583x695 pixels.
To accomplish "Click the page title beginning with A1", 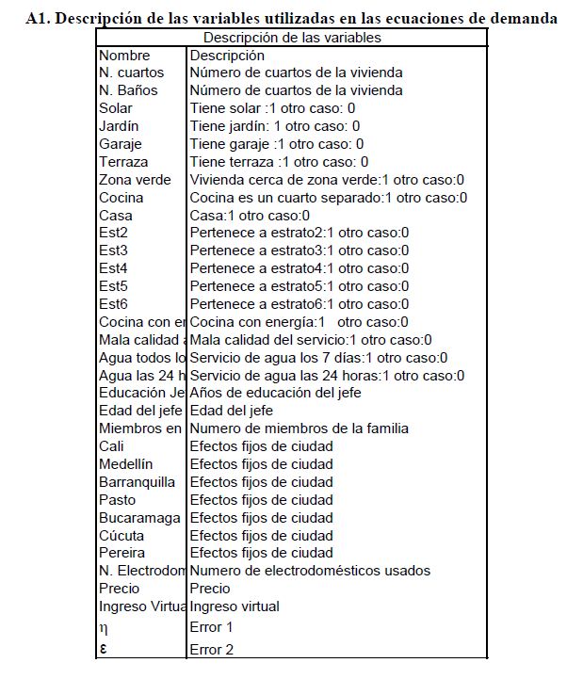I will pyautogui.click(x=292, y=18).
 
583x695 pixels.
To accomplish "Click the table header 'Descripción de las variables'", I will pyautogui.click(x=292, y=38).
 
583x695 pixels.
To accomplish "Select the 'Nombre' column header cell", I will pyautogui.click(x=124, y=56).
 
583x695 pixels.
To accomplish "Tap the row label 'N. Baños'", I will pyautogui.click(x=128, y=90).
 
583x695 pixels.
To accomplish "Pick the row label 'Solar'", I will pyautogui.click(x=116, y=108).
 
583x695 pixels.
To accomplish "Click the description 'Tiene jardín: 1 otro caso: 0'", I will pyautogui.click(x=275, y=126).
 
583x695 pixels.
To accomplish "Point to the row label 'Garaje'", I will pyautogui.click(x=120, y=144).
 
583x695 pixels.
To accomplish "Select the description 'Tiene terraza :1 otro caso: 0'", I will pyautogui.click(x=279, y=162).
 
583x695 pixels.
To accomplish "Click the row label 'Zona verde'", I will pyautogui.click(x=135, y=180).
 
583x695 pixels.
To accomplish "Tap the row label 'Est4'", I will pyautogui.click(x=113, y=268).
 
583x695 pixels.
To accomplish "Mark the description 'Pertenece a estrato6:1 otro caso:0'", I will pyautogui.click(x=300, y=304).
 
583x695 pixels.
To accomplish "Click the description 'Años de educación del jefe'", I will pyautogui.click(x=275, y=393).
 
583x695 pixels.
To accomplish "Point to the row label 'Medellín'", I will pyautogui.click(x=125, y=464).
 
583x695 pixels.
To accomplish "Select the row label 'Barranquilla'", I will pyautogui.click(x=137, y=482).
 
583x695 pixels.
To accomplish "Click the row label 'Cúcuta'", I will pyautogui.click(x=121, y=535).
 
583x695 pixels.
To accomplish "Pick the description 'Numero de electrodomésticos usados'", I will pyautogui.click(x=310, y=571).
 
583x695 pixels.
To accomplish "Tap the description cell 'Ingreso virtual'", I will pyautogui.click(x=235, y=606).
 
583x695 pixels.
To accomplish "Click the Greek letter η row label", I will pyautogui.click(x=104, y=628).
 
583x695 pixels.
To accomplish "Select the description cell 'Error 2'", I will pyautogui.click(x=211, y=650).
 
